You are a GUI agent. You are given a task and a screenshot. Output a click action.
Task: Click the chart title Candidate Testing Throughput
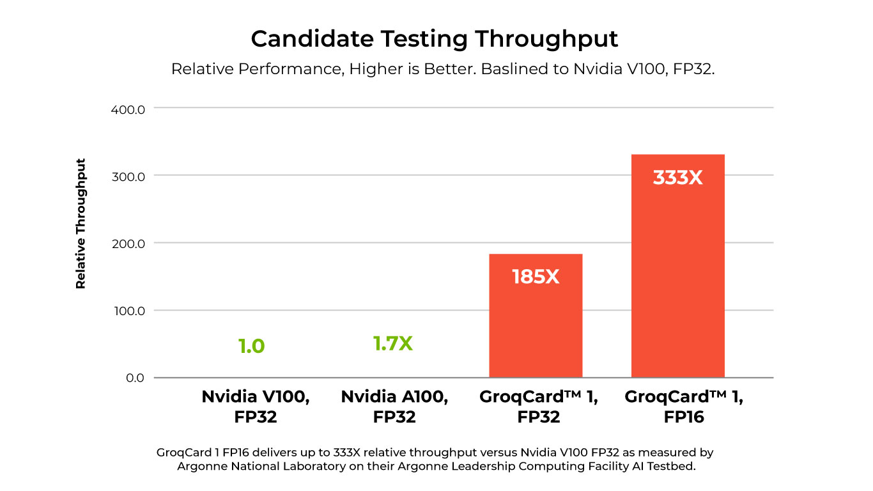point(435,39)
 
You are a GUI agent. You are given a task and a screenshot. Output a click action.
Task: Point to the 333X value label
point(677,178)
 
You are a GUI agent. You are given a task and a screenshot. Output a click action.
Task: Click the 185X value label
point(536,277)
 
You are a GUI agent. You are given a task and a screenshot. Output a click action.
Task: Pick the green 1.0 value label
point(251,347)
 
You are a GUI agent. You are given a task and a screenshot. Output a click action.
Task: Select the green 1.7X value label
point(393,344)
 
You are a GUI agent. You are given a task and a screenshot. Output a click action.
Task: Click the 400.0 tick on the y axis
point(128,109)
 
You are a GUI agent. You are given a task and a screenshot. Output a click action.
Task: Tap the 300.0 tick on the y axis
point(128,176)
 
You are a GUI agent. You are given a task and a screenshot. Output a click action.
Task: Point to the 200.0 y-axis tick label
point(128,244)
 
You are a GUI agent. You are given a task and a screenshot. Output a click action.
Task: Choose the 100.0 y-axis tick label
point(128,311)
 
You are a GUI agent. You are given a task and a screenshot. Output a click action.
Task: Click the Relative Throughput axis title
point(81,223)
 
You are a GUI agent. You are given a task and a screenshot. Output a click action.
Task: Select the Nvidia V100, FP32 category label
point(256,407)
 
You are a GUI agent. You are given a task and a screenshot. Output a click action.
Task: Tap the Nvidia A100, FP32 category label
point(394,407)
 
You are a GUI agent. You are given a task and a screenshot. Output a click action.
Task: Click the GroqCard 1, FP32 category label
point(539,407)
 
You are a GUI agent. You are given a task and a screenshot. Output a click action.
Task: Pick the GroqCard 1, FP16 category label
point(684,407)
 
